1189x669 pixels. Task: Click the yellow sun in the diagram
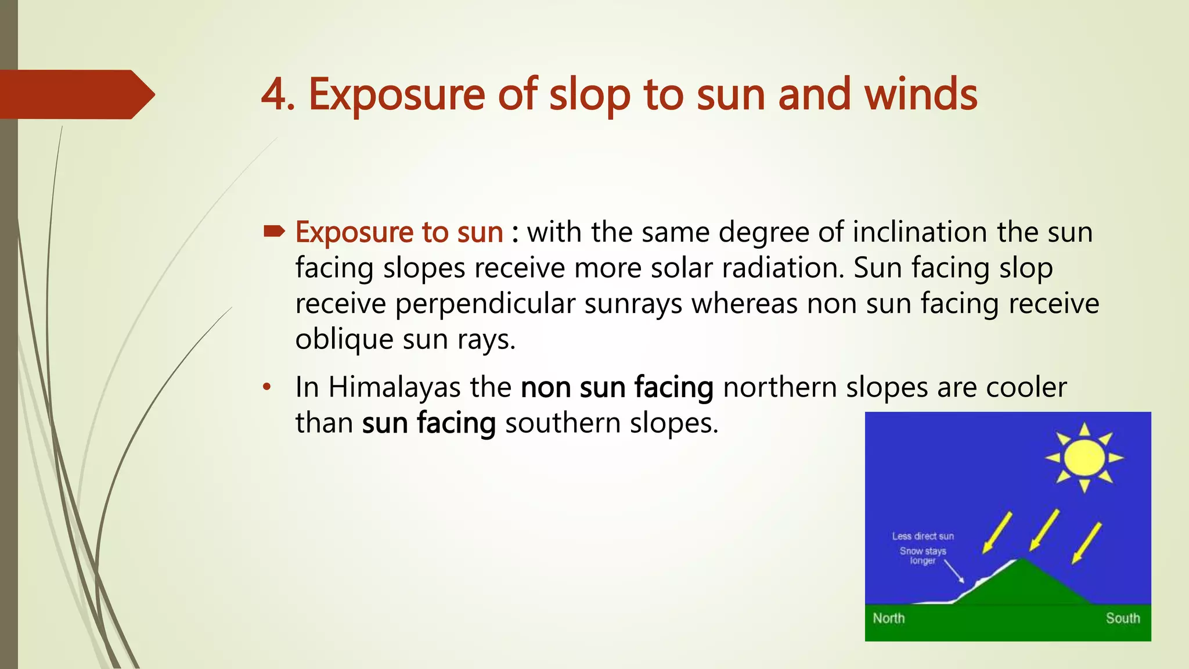pyautogui.click(x=1084, y=458)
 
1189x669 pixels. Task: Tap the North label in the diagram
pyautogui.click(x=888, y=618)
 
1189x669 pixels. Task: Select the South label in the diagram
pyautogui.click(x=1122, y=618)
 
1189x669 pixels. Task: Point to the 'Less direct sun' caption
pyautogui.click(x=923, y=536)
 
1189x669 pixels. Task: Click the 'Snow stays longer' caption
pyautogui.click(x=923, y=555)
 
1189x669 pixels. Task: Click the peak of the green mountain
pyautogui.click(x=1021, y=560)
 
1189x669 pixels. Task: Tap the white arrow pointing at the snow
pyautogui.click(x=954, y=571)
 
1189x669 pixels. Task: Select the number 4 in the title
pyautogui.click(x=274, y=94)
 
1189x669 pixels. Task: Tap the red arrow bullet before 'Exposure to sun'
pyautogui.click(x=273, y=232)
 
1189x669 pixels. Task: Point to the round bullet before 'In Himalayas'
pyautogui.click(x=266, y=387)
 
